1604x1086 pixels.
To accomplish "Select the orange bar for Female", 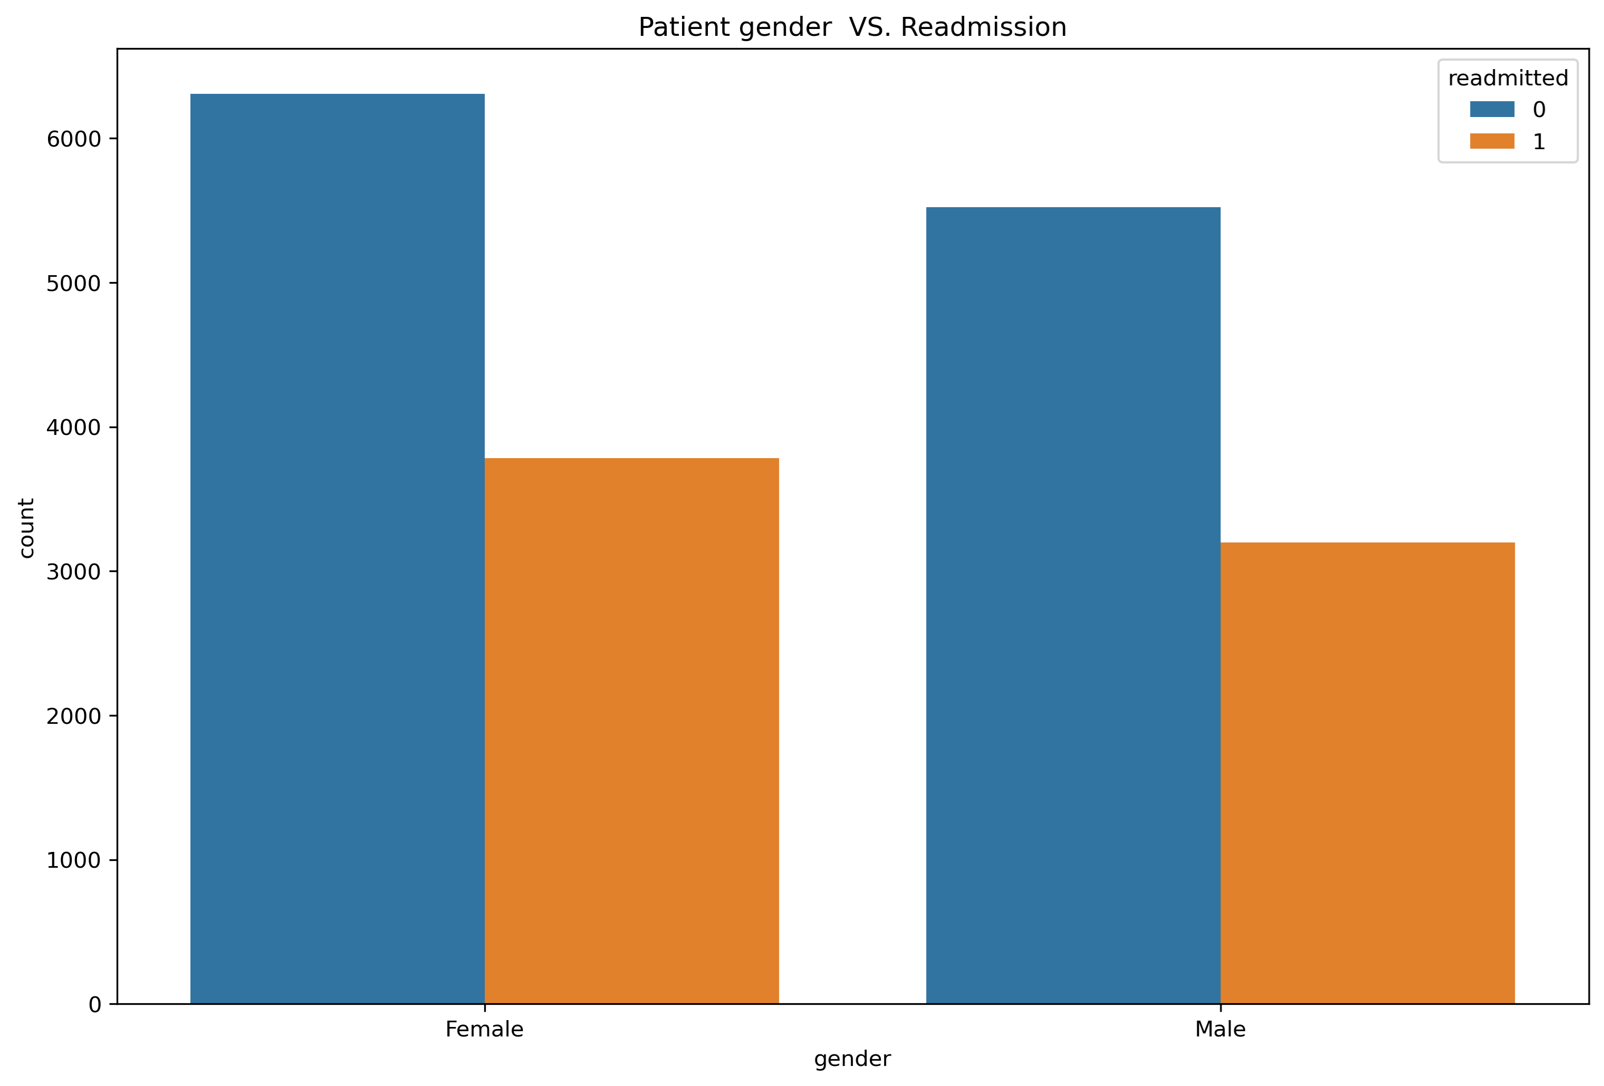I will point(631,731).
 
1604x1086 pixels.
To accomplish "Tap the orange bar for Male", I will point(1367,773).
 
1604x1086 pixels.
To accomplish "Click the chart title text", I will point(852,27).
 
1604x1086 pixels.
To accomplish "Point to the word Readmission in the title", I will point(984,27).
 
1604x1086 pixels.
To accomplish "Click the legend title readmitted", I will point(1507,79).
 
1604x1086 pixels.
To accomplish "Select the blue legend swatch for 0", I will point(1492,109).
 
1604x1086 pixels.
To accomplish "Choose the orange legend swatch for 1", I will point(1492,141).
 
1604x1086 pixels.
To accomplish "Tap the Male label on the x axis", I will point(1219,1030).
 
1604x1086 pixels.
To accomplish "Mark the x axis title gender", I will point(852,1059).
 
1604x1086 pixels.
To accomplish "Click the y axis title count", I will point(26,528).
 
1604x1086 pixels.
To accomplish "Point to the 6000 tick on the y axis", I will point(73,139).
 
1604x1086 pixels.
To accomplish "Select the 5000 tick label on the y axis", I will point(73,284).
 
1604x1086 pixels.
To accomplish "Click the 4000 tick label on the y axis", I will point(73,428).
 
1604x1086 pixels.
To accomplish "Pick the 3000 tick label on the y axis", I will point(73,572).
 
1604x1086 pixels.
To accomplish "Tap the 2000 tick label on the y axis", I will point(73,716).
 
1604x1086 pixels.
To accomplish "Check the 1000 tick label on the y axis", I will point(73,860).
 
